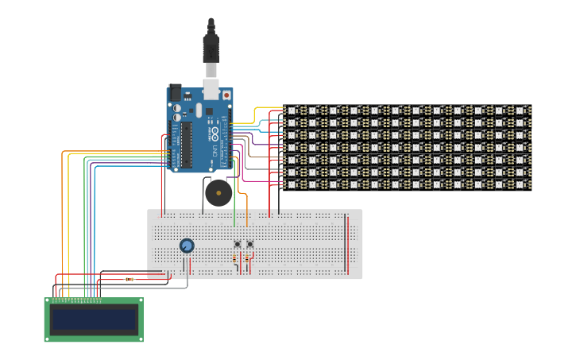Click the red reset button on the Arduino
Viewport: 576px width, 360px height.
point(226,95)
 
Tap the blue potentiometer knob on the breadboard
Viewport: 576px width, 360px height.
point(187,246)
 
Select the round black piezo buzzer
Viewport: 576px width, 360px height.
point(217,192)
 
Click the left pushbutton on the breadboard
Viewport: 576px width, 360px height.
point(237,244)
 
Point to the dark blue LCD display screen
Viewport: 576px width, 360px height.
point(94,320)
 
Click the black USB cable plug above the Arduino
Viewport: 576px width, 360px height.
point(211,48)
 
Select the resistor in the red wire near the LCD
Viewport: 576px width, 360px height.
point(130,279)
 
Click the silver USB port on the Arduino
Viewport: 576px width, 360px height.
point(211,87)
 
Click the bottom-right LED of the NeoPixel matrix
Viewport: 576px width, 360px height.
point(521,184)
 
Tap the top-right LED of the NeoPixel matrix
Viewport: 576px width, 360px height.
point(521,110)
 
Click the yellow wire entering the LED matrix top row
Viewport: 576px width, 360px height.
point(266,108)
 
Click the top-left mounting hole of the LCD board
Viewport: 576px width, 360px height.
point(47,300)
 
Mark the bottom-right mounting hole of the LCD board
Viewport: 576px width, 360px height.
point(141,339)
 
